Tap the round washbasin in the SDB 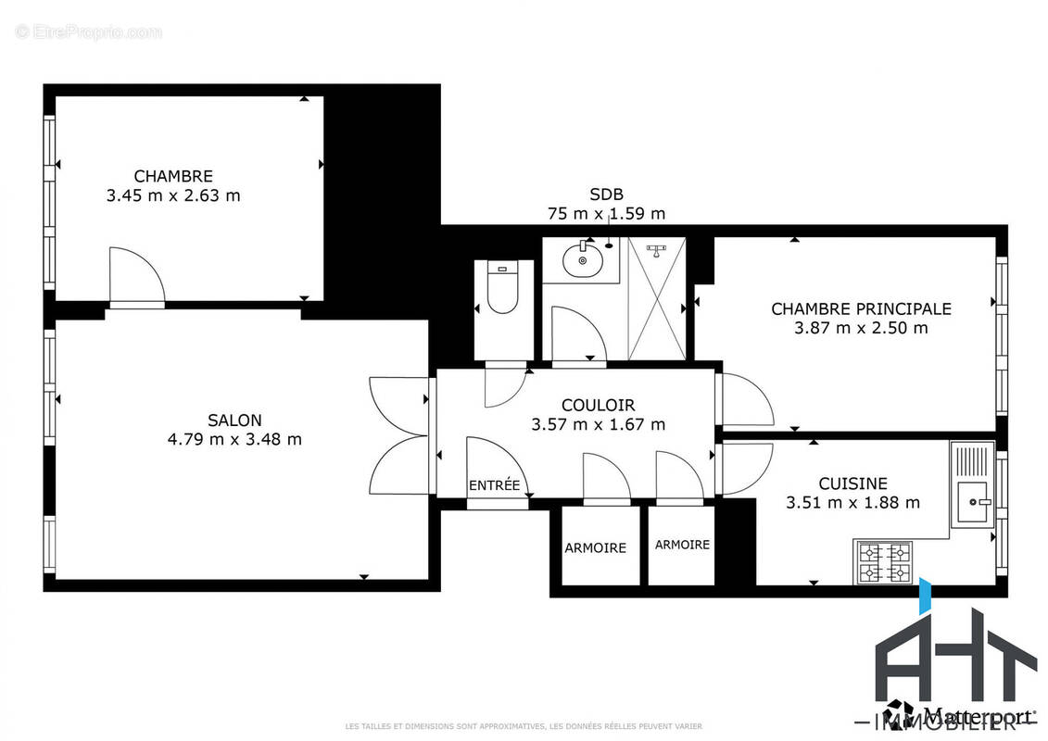583,259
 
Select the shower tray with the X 657,297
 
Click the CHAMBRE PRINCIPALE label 861,308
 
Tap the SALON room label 234,420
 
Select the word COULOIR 598,405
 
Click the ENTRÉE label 494,484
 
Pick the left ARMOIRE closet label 595,547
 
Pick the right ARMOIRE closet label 682,545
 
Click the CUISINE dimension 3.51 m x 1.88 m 852,503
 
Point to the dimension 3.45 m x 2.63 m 173,195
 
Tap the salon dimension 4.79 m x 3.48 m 234,439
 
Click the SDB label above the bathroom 606,194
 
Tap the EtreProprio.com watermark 88,32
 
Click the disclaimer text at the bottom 524,726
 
